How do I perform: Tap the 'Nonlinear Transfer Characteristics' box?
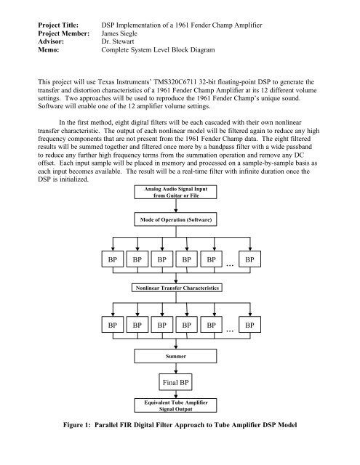tap(176, 287)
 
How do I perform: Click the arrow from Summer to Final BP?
tap(177, 368)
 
